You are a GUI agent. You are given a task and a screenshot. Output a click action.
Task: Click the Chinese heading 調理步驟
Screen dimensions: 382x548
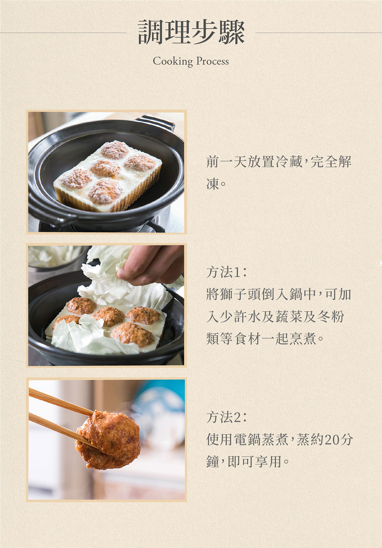pos(191,32)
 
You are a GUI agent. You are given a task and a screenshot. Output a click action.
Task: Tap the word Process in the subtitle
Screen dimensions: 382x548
pos(213,61)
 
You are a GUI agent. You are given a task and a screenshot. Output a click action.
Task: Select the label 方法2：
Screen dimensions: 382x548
pos(227,417)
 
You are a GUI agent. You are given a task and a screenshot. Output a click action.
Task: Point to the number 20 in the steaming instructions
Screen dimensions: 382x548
pos(332,440)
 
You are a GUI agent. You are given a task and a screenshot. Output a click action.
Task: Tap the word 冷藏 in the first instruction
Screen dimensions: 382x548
pos(289,162)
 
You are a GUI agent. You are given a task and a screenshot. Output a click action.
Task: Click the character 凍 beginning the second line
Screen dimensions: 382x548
pos(213,184)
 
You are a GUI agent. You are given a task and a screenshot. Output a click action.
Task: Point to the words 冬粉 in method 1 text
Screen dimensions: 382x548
pos(331,316)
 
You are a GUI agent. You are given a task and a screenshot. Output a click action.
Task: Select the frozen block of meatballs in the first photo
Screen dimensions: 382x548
pos(108,176)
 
